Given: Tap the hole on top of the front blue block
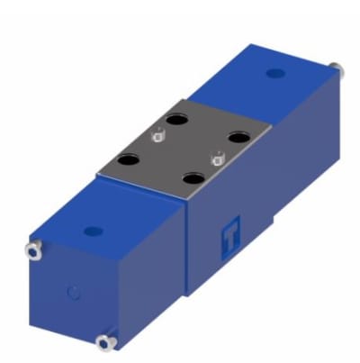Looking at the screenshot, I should coord(91,231).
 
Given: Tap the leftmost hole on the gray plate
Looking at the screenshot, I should coord(131,159).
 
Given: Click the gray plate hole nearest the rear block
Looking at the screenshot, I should coord(238,137).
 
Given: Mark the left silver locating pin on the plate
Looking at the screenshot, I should coord(158,137).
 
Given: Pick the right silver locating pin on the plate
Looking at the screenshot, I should coord(215,160).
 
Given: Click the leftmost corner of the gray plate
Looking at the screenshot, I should coord(97,169).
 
